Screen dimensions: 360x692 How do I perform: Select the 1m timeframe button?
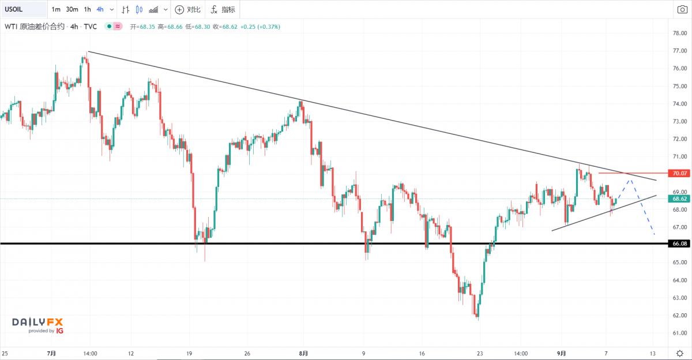point(56,9)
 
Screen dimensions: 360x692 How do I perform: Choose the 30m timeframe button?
point(72,9)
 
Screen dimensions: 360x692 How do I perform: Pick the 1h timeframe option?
point(87,9)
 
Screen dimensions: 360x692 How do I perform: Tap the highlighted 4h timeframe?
point(100,9)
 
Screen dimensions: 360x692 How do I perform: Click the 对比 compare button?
point(188,9)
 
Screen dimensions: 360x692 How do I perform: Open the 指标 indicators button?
point(222,9)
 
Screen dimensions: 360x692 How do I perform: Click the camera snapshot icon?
point(682,9)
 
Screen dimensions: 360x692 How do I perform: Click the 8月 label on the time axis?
point(304,353)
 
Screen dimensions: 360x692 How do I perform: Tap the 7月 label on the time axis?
point(52,353)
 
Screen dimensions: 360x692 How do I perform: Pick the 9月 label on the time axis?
point(562,353)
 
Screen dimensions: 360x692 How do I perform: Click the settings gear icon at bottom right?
point(680,353)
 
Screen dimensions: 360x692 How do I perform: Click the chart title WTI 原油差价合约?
point(35,26)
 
